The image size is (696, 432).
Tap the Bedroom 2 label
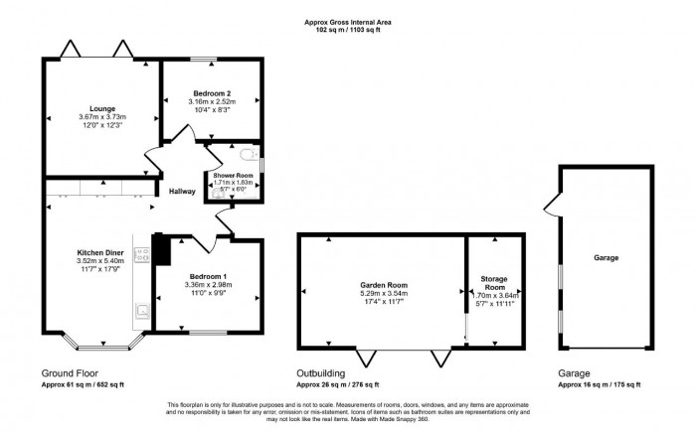click(x=212, y=92)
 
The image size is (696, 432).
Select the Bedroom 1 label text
click(x=209, y=275)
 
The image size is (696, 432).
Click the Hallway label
click(x=182, y=192)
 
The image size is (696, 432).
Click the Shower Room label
click(x=233, y=176)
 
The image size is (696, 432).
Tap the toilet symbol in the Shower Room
click(x=250, y=155)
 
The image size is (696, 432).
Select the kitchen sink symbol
click(x=142, y=311)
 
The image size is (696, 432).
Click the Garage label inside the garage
click(x=607, y=257)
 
